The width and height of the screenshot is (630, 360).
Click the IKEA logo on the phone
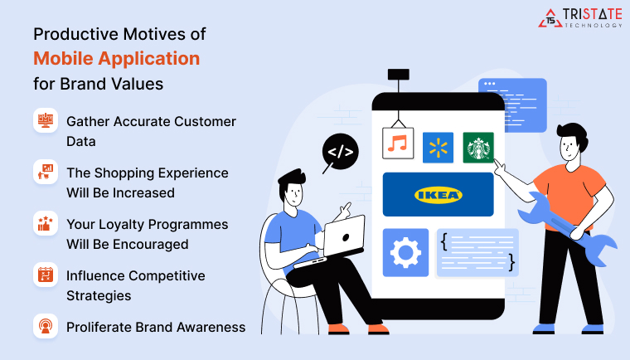[438, 195]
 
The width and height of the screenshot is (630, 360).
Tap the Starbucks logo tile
[477, 147]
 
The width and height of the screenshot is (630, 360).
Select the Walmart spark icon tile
[438, 147]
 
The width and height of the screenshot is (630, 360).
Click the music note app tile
[398, 143]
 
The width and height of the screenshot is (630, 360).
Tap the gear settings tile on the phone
[405, 253]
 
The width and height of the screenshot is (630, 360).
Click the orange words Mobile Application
[116, 59]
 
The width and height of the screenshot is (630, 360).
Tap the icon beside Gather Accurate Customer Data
[45, 121]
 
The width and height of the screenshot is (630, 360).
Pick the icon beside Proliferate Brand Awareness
[45, 327]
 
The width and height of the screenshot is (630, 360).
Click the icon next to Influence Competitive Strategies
[45, 275]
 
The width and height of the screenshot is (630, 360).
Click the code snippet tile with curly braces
[477, 253]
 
